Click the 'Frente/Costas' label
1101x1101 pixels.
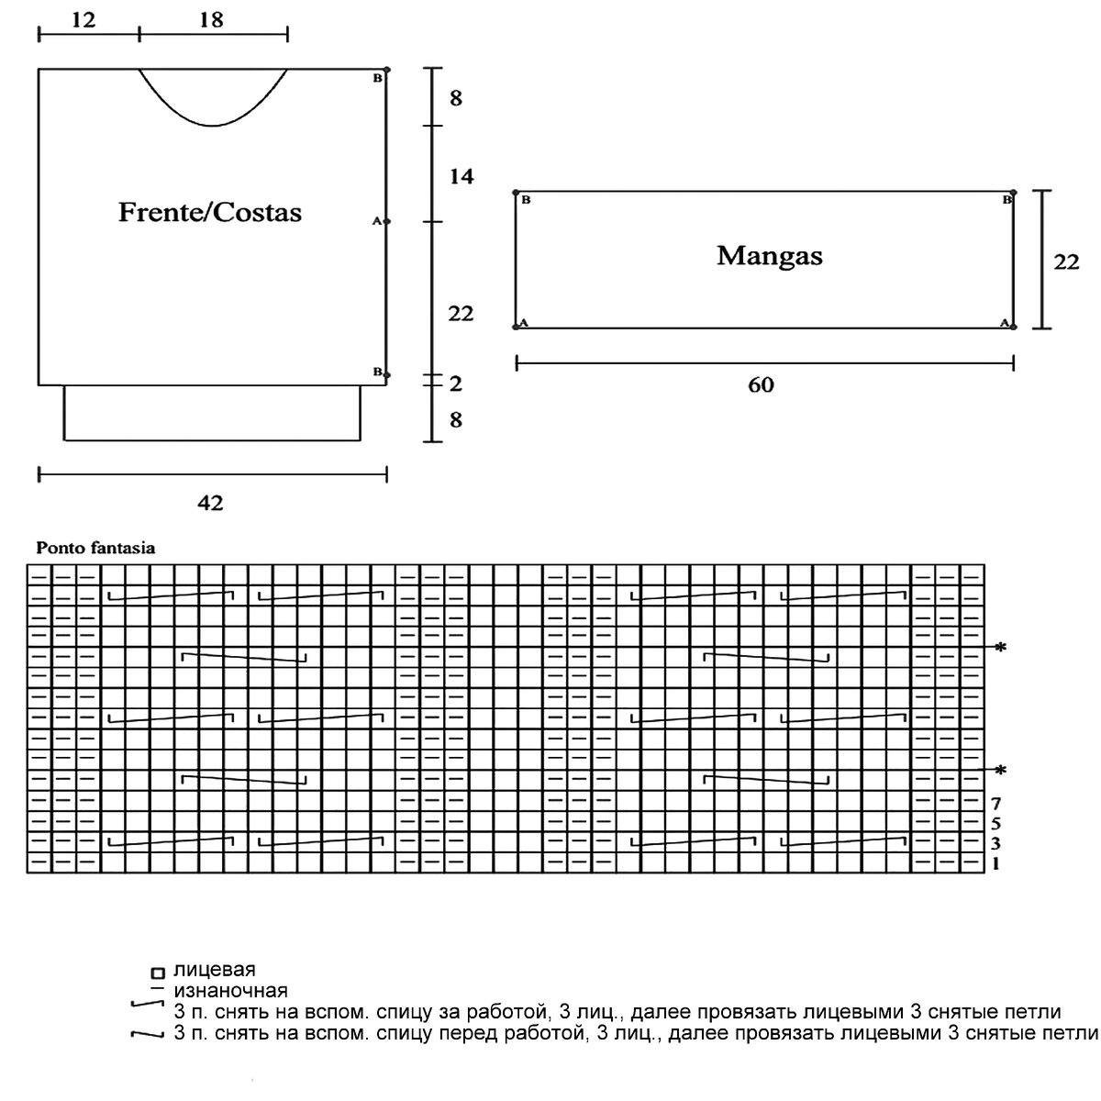[x=210, y=213]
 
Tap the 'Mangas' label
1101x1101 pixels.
[x=769, y=255]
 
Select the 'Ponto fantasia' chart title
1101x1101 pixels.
[x=95, y=549]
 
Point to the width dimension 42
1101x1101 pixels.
[x=210, y=503]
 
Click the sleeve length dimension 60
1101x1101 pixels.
[x=761, y=385]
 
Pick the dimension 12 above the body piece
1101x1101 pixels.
[x=83, y=19]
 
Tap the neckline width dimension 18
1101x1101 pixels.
[x=211, y=19]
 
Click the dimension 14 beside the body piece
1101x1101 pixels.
[x=461, y=176]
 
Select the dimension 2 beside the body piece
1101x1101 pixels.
[x=456, y=384]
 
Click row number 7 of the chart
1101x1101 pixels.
[x=996, y=803]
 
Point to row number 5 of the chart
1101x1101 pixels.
[x=996, y=823]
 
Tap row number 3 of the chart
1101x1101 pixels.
[x=996, y=843]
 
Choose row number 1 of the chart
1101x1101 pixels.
[x=996, y=863]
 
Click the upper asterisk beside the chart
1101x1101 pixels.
[x=1000, y=649]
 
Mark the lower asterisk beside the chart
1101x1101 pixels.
[x=1000, y=770]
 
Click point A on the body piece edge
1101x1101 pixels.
[x=386, y=221]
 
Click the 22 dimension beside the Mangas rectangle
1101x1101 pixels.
[x=1066, y=261]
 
